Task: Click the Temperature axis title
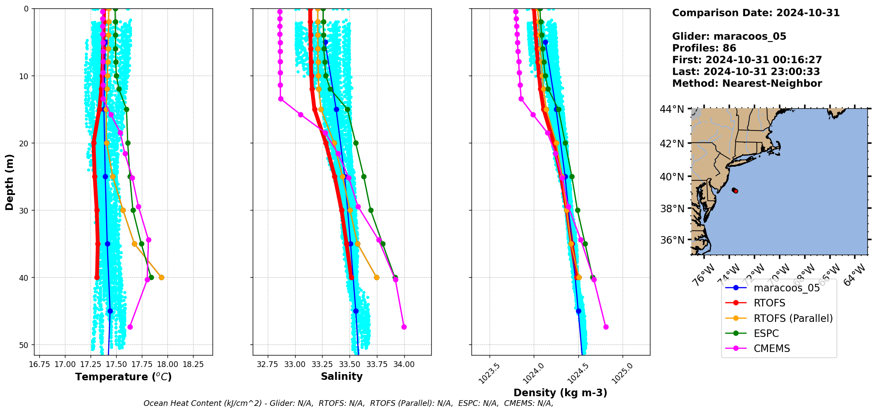[x=123, y=377]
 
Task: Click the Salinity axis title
[x=342, y=376]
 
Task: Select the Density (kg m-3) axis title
[x=560, y=393]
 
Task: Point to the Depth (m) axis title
[x=10, y=182]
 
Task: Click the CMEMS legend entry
[x=771, y=348]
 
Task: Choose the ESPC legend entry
[x=766, y=333]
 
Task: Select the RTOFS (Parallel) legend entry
[x=793, y=318]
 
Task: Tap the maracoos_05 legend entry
[x=787, y=288]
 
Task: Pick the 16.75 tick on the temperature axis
[x=39, y=364]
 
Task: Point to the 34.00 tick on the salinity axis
[x=404, y=364]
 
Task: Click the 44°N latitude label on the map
[x=672, y=109]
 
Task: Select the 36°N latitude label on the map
[x=672, y=240]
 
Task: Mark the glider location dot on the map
[x=735, y=191]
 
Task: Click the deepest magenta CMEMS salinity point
[x=404, y=327]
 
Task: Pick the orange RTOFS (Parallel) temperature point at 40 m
[x=161, y=277]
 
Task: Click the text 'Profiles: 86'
[x=704, y=48]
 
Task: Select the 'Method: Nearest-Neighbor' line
[x=747, y=84]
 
